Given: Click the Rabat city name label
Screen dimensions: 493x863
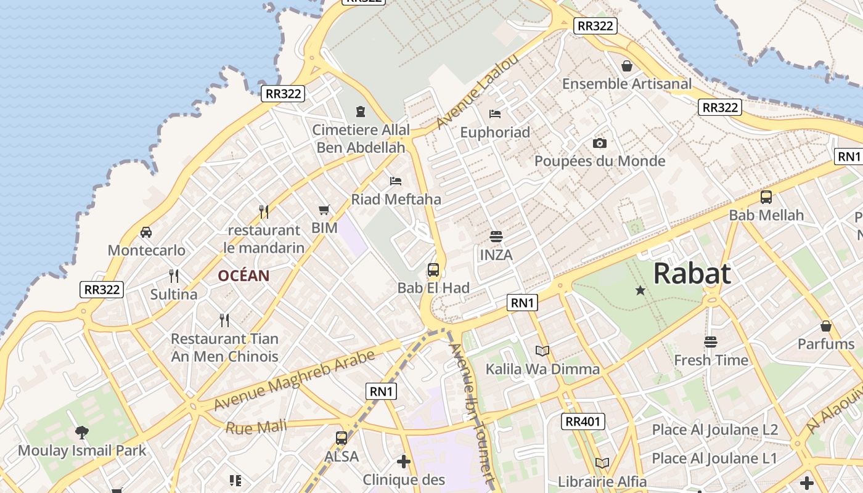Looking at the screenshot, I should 692,274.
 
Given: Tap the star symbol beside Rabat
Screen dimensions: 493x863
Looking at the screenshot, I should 640,290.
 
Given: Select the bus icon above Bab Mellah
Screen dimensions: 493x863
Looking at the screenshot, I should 766,197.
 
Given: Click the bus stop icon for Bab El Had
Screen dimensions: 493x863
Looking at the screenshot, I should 433,269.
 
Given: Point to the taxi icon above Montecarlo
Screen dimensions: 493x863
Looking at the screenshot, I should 146,232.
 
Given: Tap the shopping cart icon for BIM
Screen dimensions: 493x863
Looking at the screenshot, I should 324,210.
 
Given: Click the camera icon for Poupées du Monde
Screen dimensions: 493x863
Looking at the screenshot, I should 599,144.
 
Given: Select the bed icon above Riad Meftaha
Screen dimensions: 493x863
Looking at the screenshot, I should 396,181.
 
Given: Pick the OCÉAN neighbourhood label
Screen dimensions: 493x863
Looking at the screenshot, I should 243,275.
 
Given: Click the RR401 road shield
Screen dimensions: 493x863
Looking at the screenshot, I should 583,422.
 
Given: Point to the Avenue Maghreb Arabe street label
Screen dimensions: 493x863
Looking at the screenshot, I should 294,381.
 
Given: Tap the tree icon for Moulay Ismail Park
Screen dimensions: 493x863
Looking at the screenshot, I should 81,433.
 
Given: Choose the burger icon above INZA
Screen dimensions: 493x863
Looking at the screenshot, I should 496,237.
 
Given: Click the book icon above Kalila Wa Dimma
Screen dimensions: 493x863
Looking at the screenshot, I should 542,351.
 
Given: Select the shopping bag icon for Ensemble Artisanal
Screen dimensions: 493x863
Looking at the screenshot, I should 627,66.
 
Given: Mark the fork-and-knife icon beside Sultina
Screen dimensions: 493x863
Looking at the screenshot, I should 174,276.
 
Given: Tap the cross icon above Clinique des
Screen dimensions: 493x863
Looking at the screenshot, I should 404,462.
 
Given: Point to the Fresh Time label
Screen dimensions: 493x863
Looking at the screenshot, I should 711,360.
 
